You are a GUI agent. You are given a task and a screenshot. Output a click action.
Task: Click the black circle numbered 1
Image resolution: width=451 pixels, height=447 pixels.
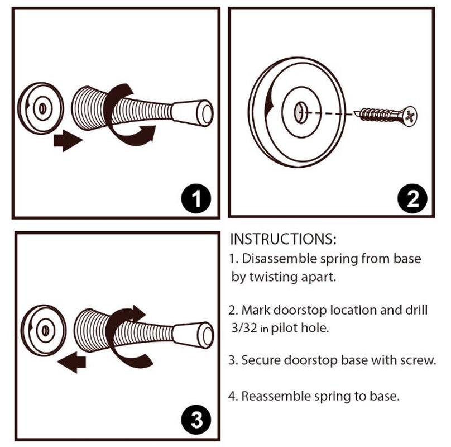pyautogui.click(x=196, y=198)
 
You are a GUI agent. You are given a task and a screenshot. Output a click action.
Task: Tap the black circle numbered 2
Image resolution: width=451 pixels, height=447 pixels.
pyautogui.click(x=412, y=198)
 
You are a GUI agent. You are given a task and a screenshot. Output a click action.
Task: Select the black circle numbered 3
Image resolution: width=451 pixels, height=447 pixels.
pyautogui.click(x=196, y=420)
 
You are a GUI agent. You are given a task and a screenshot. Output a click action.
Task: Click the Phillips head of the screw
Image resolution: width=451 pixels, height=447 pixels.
pyautogui.click(x=410, y=116)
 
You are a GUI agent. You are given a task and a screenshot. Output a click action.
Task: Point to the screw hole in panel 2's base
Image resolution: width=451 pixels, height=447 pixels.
pyautogui.click(x=300, y=112)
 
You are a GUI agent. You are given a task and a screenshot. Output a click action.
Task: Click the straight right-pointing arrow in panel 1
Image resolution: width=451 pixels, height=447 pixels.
pyautogui.click(x=68, y=141)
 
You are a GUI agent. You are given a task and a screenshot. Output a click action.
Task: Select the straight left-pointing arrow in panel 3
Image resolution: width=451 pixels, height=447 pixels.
pyautogui.click(x=71, y=362)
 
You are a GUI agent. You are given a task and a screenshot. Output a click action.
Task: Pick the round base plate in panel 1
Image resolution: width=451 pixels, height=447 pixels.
pyautogui.click(x=41, y=108)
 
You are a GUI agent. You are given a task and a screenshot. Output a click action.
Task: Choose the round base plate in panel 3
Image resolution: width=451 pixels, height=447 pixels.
pyautogui.click(x=44, y=330)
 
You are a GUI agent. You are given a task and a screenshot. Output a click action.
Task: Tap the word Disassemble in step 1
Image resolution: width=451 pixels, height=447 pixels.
pyautogui.click(x=279, y=258)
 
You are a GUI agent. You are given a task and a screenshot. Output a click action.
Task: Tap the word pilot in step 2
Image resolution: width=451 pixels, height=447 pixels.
pyautogui.click(x=284, y=328)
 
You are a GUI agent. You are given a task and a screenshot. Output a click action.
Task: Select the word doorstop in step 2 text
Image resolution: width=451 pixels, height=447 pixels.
pyautogui.click(x=300, y=310)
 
